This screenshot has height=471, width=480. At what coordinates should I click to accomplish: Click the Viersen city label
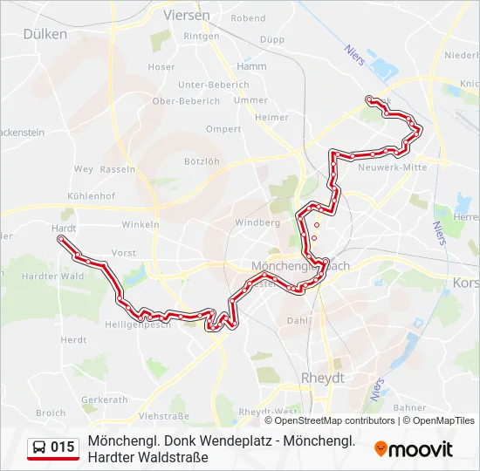point(186,16)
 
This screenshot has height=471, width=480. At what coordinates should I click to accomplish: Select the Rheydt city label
point(322,378)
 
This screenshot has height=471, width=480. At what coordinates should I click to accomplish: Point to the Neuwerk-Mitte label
point(392,167)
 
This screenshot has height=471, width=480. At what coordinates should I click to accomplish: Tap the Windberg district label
point(257,222)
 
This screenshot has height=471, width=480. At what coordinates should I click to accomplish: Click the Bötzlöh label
point(202,161)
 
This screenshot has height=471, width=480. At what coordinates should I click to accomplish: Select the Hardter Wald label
point(52,276)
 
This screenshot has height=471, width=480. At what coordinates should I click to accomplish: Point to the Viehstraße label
point(163,417)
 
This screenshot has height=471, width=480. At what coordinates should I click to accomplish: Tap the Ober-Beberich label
point(186,101)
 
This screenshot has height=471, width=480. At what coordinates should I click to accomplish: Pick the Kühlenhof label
point(90,196)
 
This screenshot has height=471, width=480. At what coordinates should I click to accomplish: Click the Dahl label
point(298,321)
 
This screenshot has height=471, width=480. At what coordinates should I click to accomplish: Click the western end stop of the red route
point(59,238)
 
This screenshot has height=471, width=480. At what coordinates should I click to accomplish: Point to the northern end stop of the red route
point(370,99)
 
